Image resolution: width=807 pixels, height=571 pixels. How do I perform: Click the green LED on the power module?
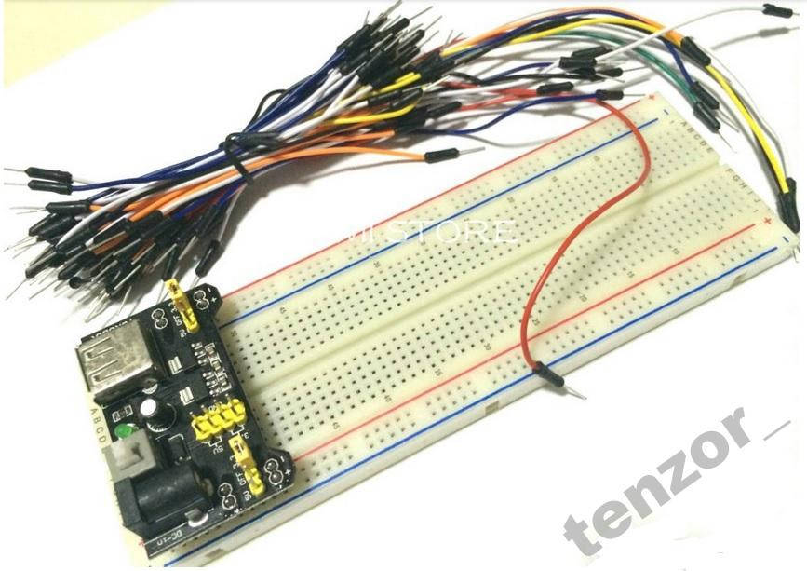[124, 431]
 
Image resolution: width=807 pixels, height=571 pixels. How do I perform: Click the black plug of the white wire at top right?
[774, 10]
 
